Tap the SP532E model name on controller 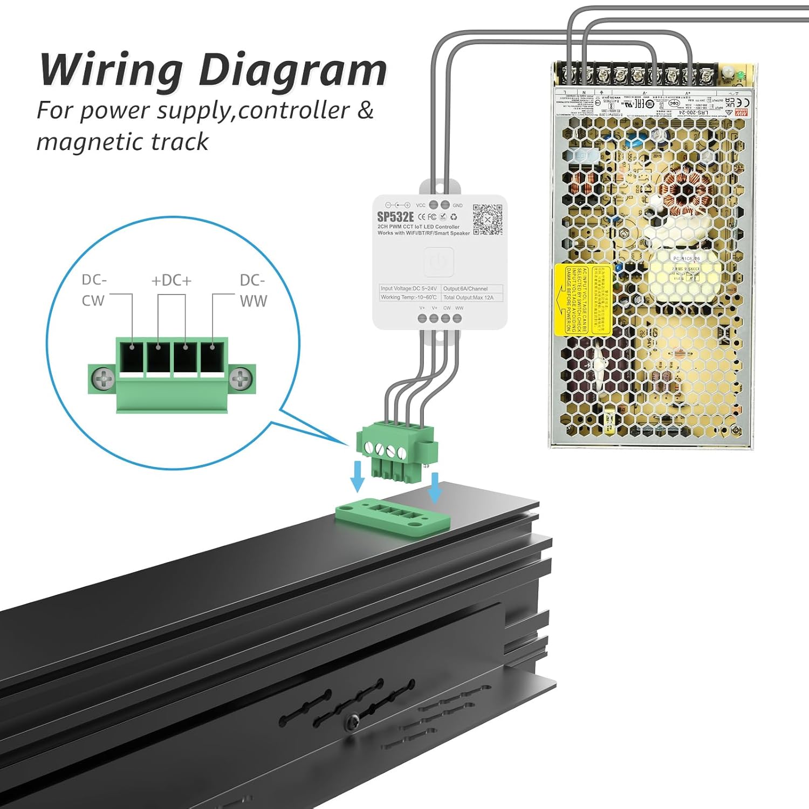pos(395,217)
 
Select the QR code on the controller pos(488,220)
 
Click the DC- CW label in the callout pos(94,290)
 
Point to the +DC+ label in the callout pos(172,280)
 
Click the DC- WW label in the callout pos(253,290)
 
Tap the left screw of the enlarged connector pos(102,379)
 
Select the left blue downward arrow pos(357,476)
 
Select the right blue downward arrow pos(435,487)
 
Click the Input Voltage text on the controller pos(408,289)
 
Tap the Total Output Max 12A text pos(468,297)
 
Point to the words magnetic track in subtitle pos(122,142)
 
